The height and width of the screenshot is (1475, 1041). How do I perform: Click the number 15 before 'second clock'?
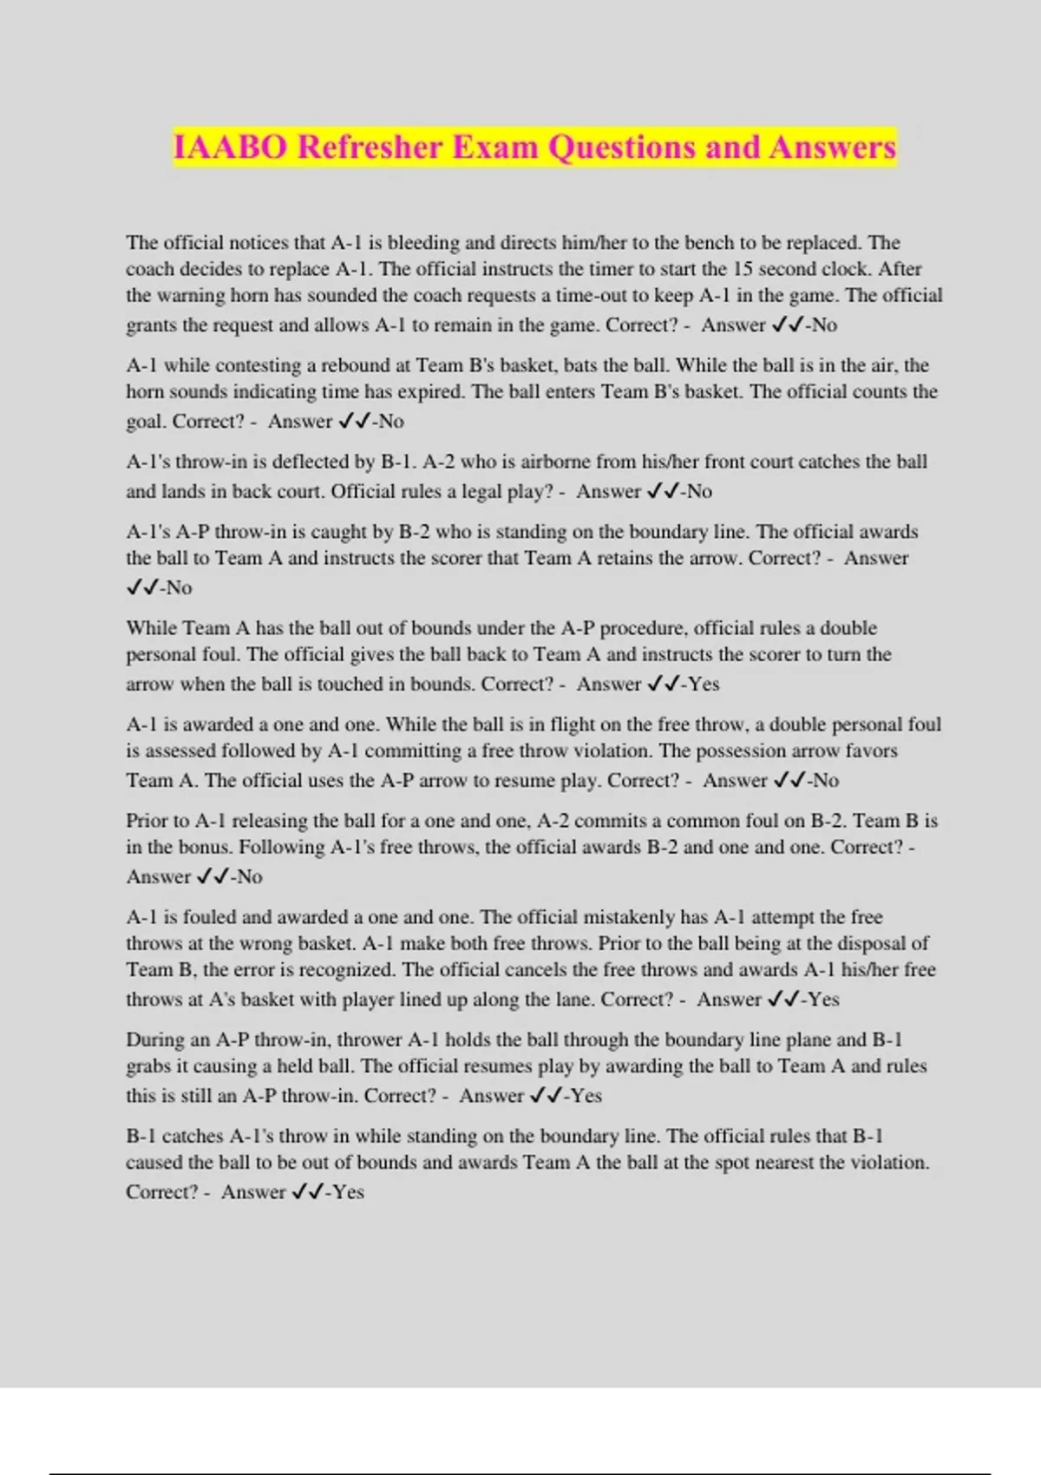pos(743,269)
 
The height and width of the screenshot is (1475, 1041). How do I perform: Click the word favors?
pos(869,751)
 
